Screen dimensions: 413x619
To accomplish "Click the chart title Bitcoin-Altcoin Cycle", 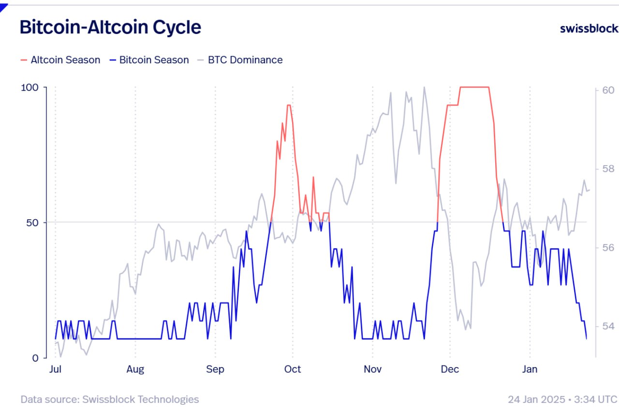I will tap(110, 27).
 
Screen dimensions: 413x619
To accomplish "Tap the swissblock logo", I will tap(589, 29).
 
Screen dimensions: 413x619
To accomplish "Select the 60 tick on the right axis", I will tap(608, 90).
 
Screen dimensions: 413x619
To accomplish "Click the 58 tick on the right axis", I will tap(608, 169).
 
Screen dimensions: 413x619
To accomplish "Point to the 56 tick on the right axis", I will tap(608, 247).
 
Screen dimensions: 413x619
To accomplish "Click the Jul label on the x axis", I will tap(55, 369).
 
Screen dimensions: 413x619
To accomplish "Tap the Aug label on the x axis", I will tap(135, 369).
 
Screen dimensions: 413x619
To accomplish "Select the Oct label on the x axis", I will tap(293, 369).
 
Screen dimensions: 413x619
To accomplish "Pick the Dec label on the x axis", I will tap(450, 369).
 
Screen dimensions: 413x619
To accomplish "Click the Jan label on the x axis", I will tap(530, 369).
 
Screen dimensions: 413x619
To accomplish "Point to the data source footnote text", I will tap(110, 399).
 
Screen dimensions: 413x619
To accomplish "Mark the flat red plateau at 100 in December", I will tap(474, 87).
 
